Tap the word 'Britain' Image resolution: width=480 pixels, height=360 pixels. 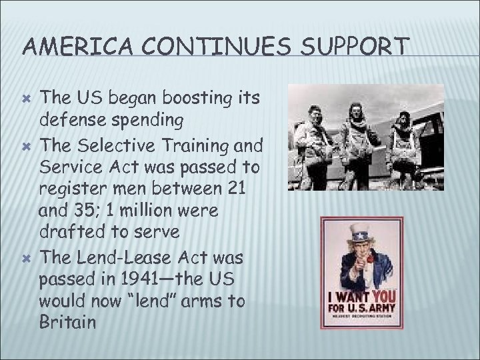(x=69, y=323)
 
